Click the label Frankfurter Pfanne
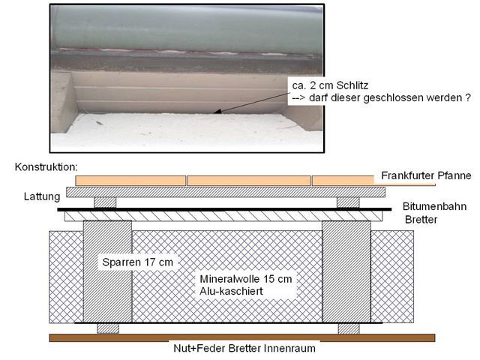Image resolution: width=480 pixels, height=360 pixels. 426,175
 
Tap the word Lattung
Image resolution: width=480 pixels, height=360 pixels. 42,196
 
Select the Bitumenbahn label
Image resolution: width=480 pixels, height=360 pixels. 435,206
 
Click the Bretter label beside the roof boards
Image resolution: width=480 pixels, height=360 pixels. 421,220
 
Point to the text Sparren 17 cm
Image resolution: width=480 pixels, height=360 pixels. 137,262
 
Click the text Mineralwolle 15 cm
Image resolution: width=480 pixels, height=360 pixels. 246,279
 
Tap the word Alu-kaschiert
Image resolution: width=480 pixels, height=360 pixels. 231,291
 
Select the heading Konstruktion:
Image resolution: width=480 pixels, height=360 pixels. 46,167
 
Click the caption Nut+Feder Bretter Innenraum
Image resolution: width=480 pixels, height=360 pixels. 244,348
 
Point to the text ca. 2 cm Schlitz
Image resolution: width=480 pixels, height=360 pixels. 330,85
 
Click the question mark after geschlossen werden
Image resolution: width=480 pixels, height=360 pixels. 467,97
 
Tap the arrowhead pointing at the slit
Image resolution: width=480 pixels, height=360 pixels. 216,112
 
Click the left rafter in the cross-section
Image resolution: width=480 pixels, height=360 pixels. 107,271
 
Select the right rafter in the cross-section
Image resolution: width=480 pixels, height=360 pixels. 346,271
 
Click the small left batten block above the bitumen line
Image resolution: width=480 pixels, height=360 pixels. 105,202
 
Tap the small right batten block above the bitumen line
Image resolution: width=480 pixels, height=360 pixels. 348,202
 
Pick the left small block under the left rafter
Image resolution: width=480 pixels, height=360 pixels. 108,328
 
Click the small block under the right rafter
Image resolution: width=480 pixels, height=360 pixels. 349,328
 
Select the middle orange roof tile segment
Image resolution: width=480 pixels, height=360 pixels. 248,181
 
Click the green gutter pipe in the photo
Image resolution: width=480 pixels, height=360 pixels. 187,28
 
